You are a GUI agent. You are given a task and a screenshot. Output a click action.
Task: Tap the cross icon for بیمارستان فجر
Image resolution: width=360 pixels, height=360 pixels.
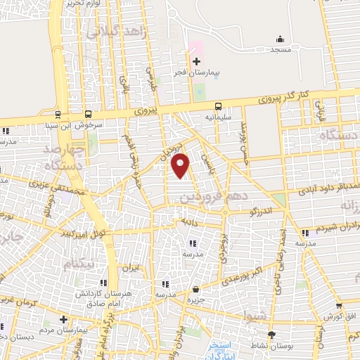[196, 62]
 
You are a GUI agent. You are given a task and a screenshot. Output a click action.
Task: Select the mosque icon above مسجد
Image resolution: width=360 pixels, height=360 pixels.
[280, 39]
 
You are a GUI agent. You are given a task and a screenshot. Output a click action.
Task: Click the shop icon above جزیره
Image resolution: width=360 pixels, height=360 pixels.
[195, 290]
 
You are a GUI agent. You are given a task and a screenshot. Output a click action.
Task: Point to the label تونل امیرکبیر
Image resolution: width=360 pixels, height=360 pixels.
[83, 233]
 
